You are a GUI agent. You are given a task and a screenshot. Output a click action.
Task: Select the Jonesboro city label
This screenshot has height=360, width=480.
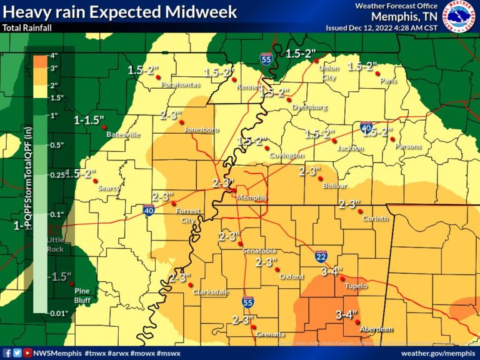[201, 129]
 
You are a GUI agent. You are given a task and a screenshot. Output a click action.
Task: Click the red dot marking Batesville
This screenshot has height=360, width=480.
[104, 127]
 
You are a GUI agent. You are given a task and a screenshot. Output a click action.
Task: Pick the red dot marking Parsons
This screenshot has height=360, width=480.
[394, 139]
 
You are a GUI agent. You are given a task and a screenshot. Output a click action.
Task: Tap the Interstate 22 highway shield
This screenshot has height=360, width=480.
[321, 256]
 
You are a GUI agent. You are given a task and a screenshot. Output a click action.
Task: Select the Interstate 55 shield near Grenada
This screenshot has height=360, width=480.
[248, 302]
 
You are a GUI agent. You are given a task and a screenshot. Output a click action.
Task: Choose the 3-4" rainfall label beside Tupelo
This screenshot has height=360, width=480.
[332, 272]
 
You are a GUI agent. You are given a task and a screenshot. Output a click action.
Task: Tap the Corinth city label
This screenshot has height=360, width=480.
[375, 219]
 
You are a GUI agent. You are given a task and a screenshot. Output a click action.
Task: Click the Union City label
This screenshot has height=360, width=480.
[327, 73]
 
